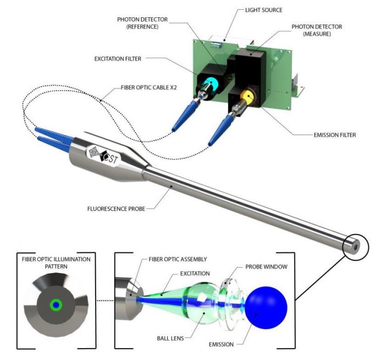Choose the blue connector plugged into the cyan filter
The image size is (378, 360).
pos(184,116)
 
